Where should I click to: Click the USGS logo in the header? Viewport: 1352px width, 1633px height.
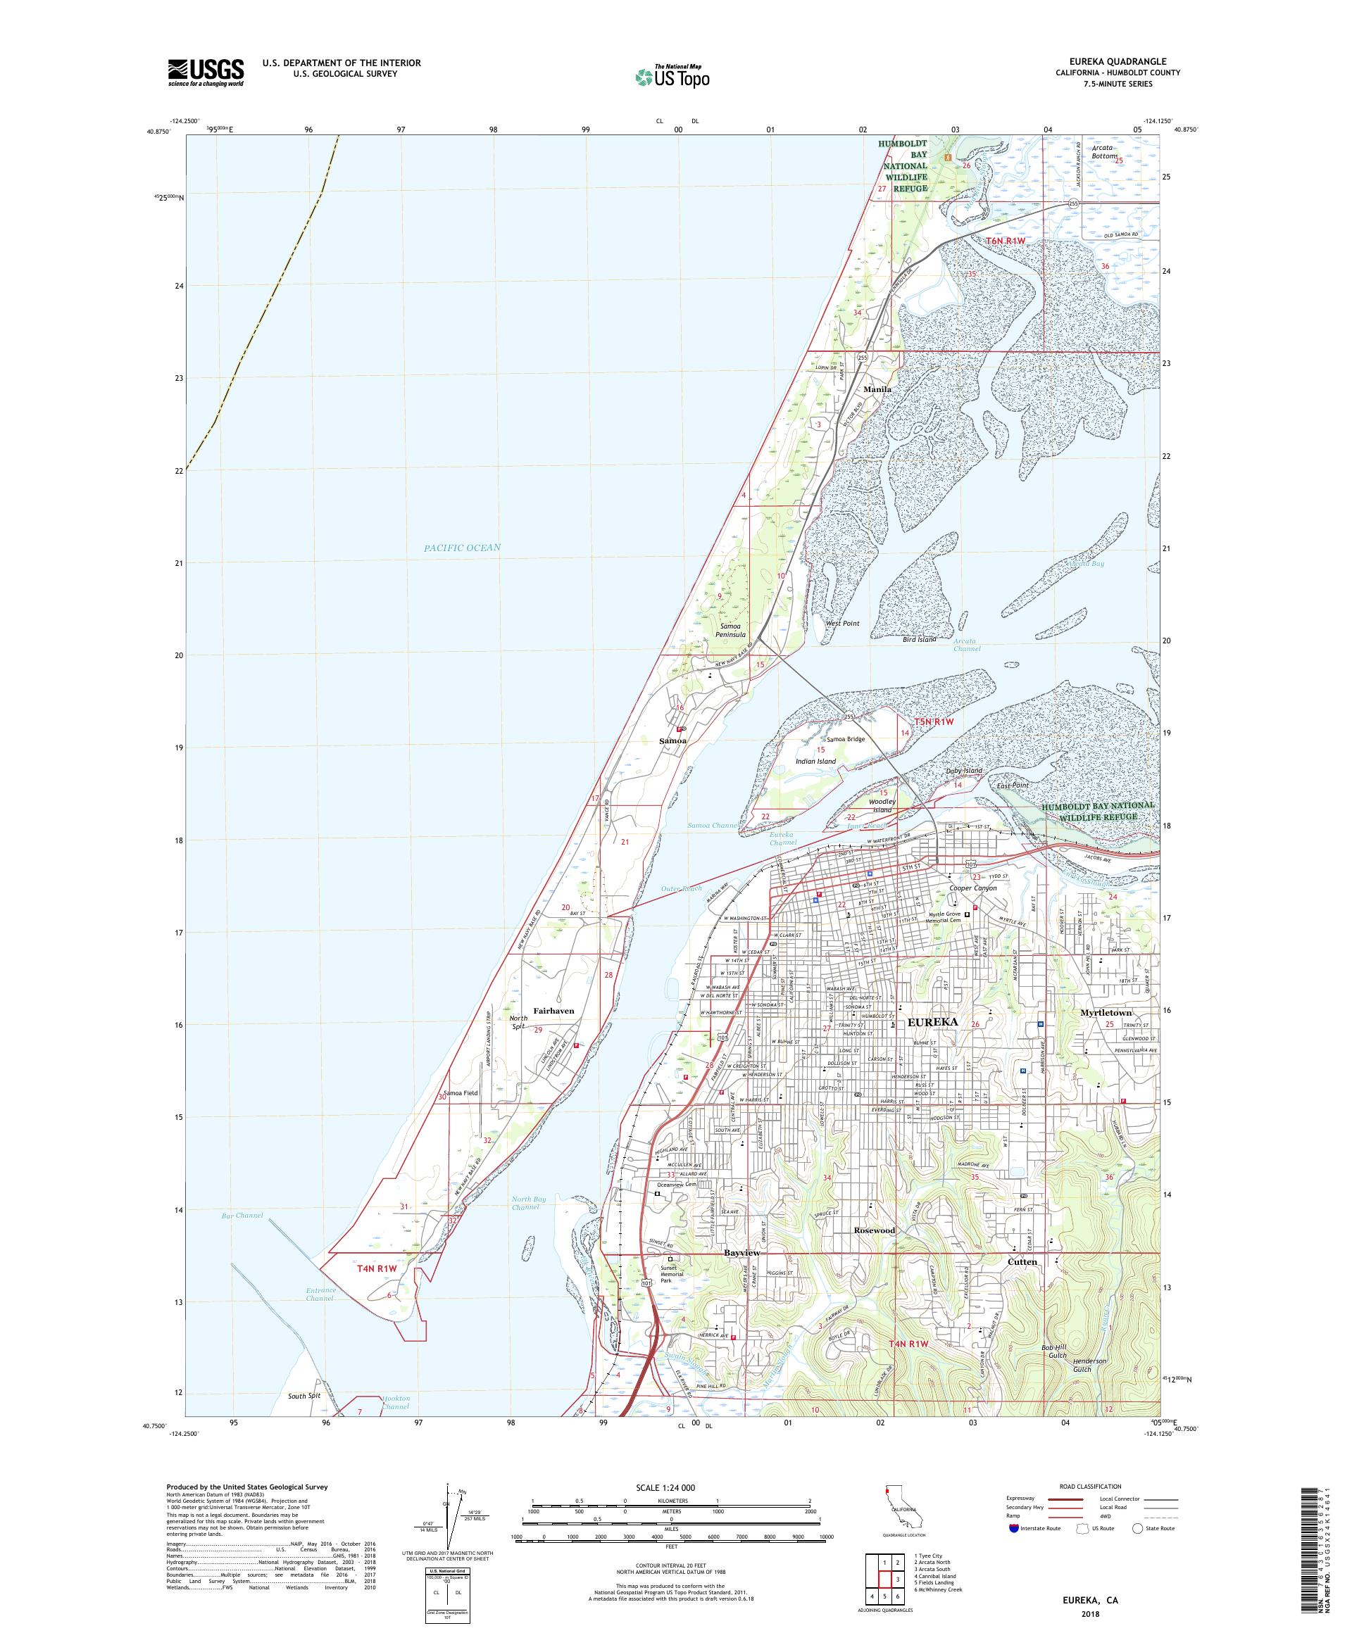click(x=206, y=72)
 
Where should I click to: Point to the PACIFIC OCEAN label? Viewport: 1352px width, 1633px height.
click(x=462, y=548)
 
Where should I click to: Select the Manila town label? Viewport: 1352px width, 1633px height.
click(x=877, y=389)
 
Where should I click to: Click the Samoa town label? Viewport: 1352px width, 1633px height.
click(x=673, y=741)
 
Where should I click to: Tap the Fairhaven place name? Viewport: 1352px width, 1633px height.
click(x=554, y=1011)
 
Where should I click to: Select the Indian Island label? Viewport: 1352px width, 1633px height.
click(x=815, y=762)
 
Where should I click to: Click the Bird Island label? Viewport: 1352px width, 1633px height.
click(x=919, y=640)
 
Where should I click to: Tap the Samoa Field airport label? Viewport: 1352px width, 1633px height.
click(x=461, y=1092)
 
